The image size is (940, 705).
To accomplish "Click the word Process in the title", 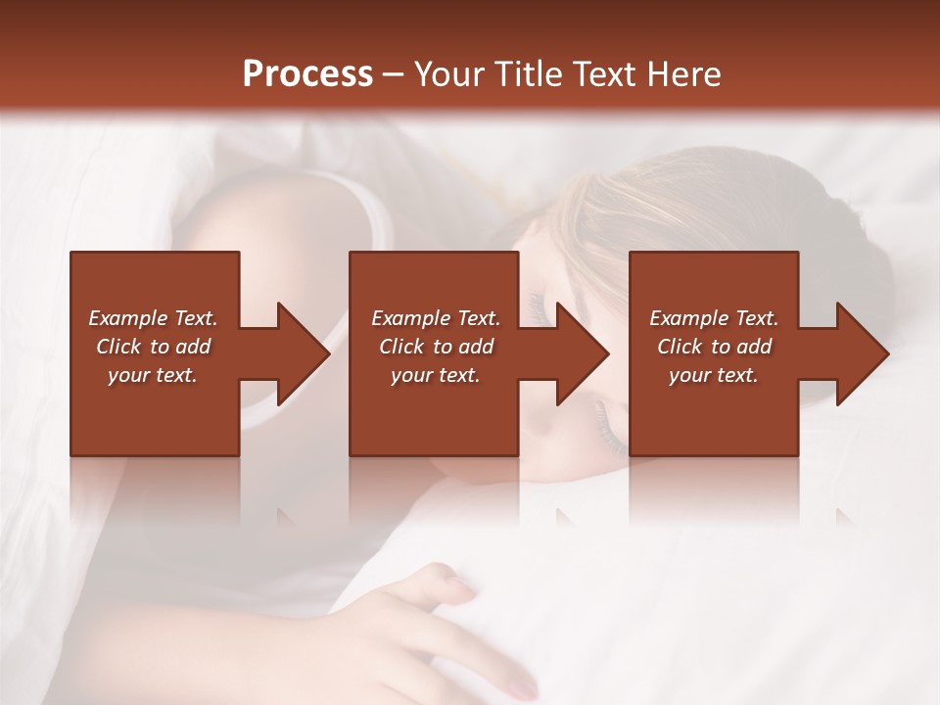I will [x=307, y=74].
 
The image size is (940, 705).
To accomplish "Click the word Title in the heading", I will [x=527, y=74].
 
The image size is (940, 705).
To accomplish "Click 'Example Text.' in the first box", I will [x=153, y=318].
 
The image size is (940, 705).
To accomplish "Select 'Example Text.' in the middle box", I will [x=436, y=318].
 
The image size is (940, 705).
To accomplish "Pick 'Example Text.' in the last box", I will [x=714, y=318].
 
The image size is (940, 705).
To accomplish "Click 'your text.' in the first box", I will [x=153, y=375].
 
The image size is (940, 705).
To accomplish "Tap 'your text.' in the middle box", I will [x=436, y=375].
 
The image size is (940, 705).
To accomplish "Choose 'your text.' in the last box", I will [x=714, y=375].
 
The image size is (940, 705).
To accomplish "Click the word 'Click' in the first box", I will [x=118, y=347].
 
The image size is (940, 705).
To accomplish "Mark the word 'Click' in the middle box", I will [x=401, y=347].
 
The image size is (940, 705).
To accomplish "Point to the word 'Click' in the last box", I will [x=680, y=347].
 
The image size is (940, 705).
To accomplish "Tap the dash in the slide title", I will [x=394, y=74].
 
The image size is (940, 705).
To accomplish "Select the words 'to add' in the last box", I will [x=742, y=347].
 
